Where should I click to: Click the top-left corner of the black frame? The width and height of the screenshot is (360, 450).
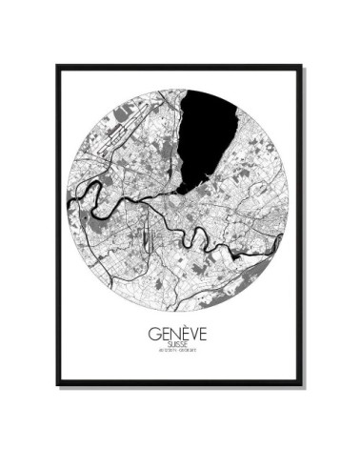click(x=57, y=66)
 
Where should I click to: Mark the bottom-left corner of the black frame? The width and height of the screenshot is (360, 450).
click(x=57, y=385)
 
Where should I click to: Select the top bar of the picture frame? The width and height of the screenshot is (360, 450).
click(x=179, y=66)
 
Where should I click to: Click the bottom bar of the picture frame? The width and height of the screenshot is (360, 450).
click(x=179, y=384)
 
